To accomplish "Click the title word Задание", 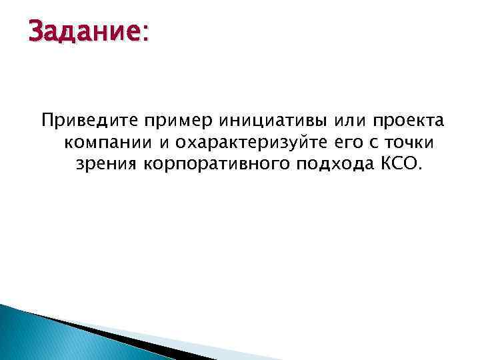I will click(81, 31).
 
